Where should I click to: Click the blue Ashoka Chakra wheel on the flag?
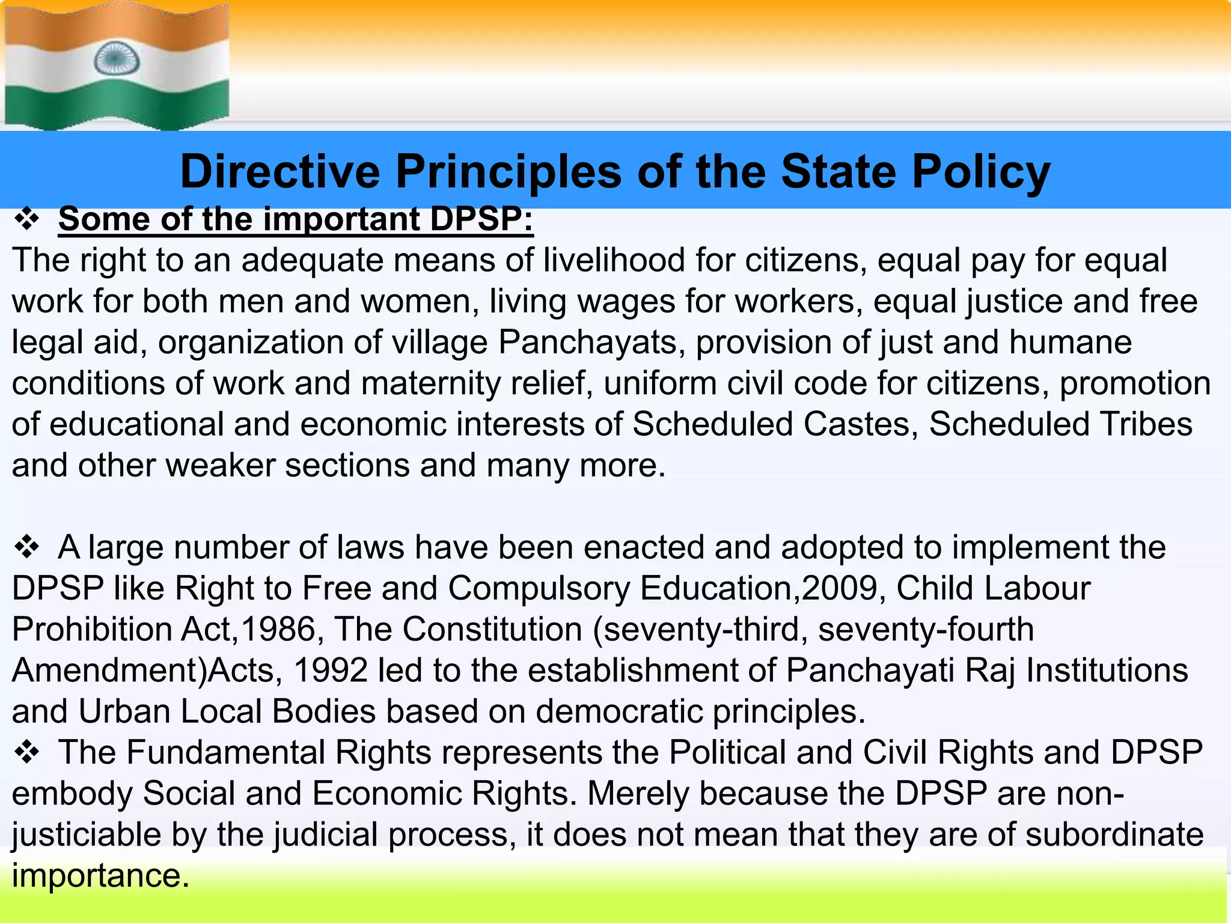pos(117,58)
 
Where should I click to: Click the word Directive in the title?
pos(280,172)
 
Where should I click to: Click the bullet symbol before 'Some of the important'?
pos(26,219)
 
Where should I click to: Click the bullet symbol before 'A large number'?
pos(26,547)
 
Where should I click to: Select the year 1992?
pos(331,670)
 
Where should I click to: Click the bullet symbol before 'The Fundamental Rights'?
pos(26,752)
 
